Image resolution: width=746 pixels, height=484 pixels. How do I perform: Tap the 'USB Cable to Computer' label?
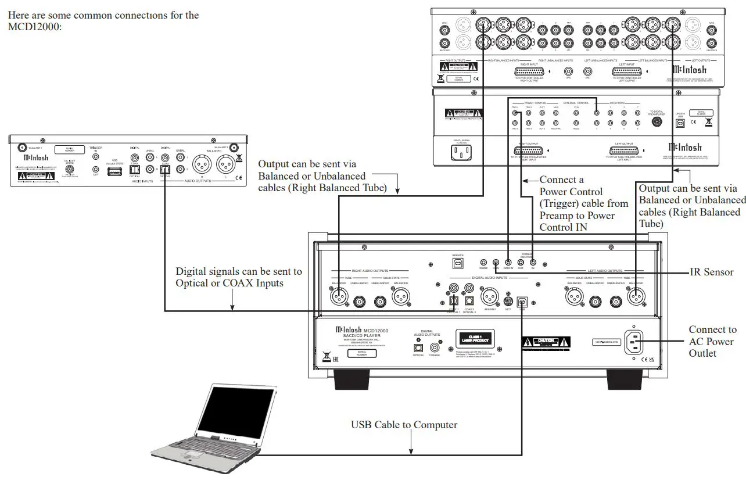pos(404,425)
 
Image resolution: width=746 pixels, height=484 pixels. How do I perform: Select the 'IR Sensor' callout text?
pos(711,272)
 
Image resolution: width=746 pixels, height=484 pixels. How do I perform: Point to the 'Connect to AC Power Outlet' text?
pos(712,341)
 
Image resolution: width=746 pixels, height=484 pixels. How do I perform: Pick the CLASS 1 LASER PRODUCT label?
pos(475,338)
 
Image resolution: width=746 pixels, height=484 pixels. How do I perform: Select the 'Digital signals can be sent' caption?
pos(239,277)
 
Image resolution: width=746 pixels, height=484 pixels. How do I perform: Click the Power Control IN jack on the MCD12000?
pos(533,263)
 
